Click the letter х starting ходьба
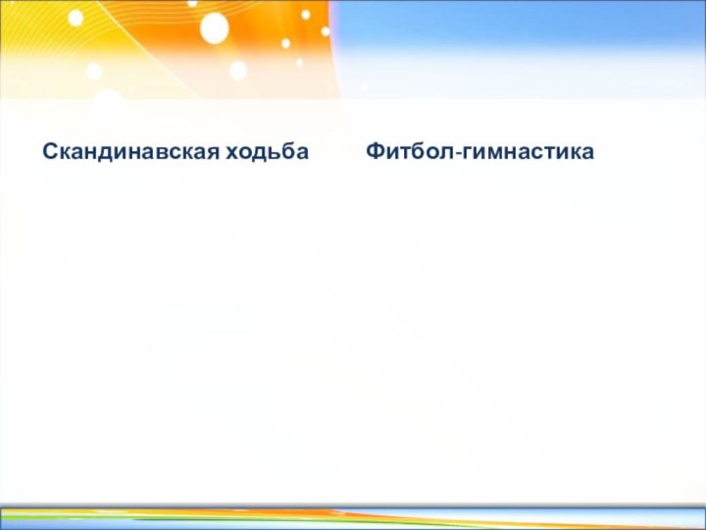tap(233, 153)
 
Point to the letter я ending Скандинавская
tap(214, 153)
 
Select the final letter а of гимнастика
tap(587, 153)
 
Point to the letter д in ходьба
tap(258, 153)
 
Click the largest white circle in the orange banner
tap(214, 28)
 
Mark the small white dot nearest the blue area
tap(306, 15)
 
